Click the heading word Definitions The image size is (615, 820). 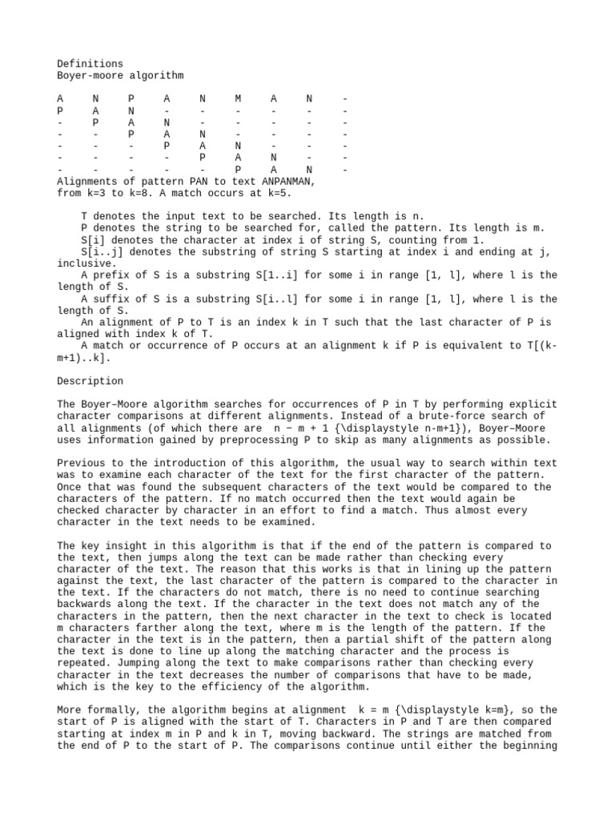pyautogui.click(x=90, y=63)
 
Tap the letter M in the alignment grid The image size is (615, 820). pyautogui.click(x=238, y=99)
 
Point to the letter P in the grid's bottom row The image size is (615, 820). pyautogui.click(x=238, y=170)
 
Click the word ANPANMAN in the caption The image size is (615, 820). pyautogui.click(x=287, y=182)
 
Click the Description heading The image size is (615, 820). pyautogui.click(x=90, y=381)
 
